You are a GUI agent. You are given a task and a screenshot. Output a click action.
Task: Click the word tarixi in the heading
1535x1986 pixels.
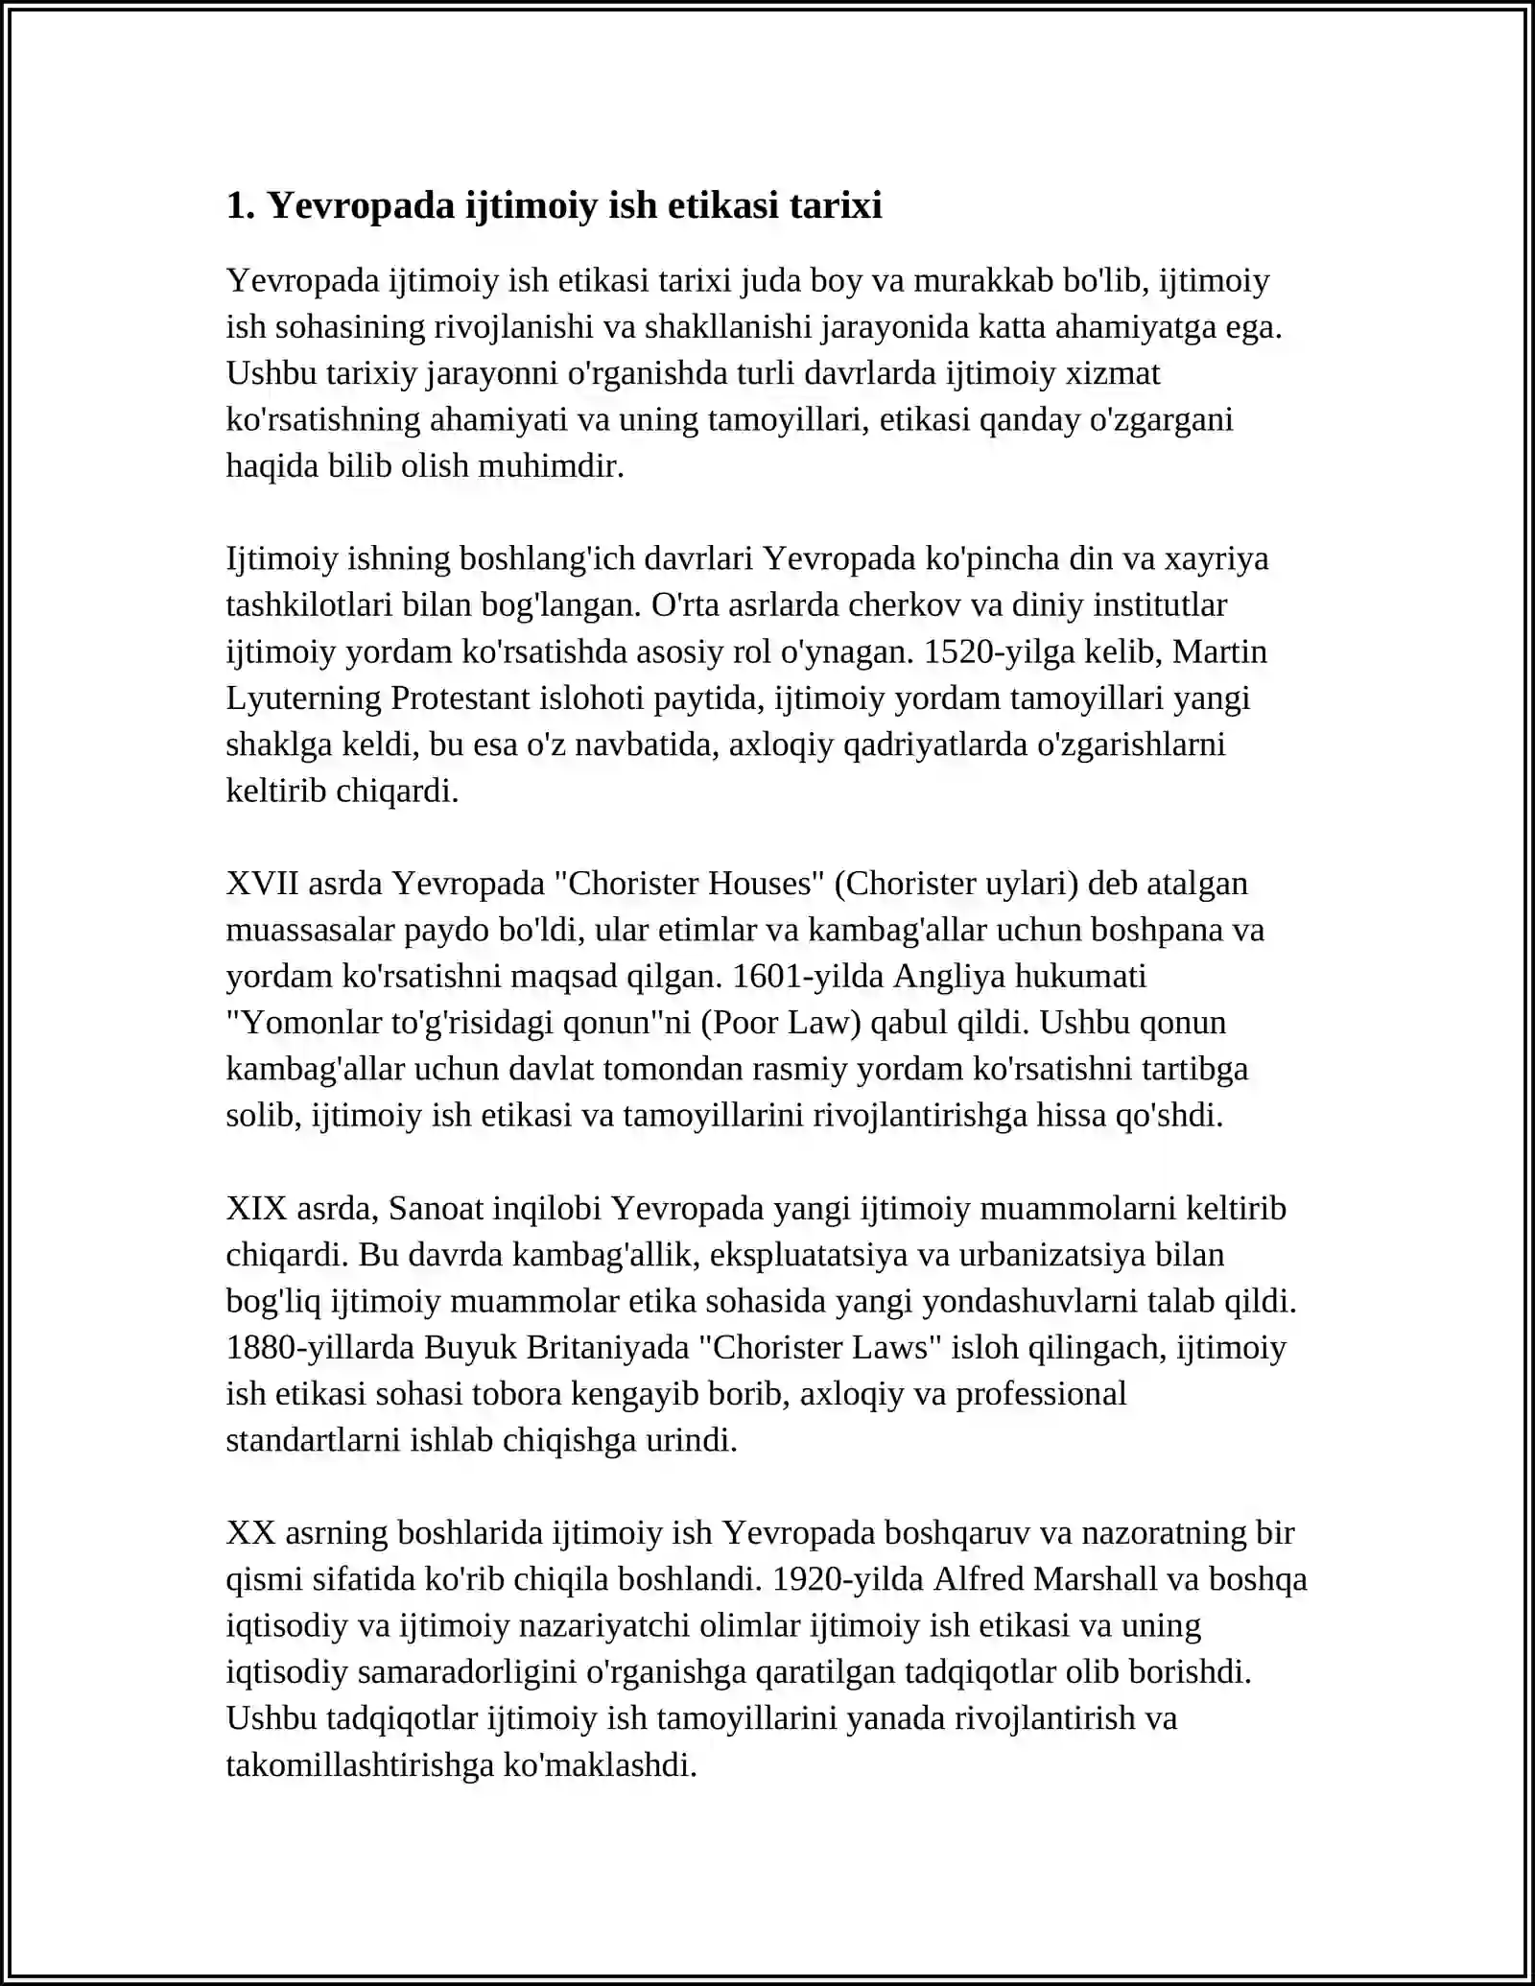[x=836, y=205]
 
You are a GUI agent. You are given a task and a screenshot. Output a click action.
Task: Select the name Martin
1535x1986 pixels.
[x=1219, y=651]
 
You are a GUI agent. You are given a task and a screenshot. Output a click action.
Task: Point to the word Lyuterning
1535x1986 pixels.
[x=303, y=697]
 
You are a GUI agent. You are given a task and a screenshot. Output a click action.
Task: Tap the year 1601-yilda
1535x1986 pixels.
[x=808, y=976]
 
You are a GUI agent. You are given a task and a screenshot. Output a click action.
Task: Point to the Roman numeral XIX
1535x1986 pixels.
[x=256, y=1208]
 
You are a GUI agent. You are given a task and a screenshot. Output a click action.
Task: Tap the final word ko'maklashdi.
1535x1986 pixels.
[x=600, y=1764]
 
